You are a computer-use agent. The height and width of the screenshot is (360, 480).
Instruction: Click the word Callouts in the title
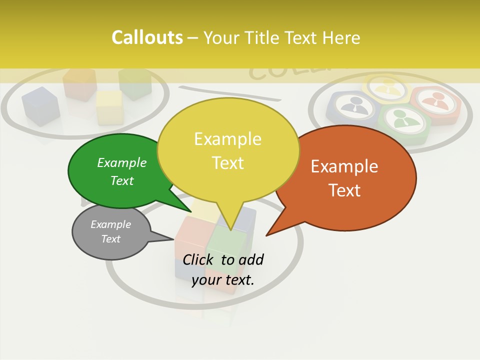(x=147, y=37)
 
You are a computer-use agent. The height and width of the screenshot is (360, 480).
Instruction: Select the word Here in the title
(x=341, y=37)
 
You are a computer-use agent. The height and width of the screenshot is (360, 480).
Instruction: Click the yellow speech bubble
(x=228, y=150)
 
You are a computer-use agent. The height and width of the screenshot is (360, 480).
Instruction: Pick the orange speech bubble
(x=350, y=177)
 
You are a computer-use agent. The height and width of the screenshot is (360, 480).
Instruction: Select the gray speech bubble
(x=111, y=232)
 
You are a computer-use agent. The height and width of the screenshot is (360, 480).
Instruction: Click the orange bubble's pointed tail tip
(x=266, y=235)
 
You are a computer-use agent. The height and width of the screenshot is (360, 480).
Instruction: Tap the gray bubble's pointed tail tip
(x=173, y=238)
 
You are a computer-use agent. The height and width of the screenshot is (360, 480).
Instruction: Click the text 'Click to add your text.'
(x=223, y=269)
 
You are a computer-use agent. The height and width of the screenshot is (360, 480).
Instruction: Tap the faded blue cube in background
(x=40, y=105)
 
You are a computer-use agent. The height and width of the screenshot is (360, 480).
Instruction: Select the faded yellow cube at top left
(x=109, y=106)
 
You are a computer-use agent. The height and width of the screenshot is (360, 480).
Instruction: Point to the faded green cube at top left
(x=135, y=82)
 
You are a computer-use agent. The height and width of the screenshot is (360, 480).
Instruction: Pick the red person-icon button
(x=434, y=103)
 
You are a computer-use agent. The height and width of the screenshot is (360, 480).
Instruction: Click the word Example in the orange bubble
(x=344, y=166)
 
